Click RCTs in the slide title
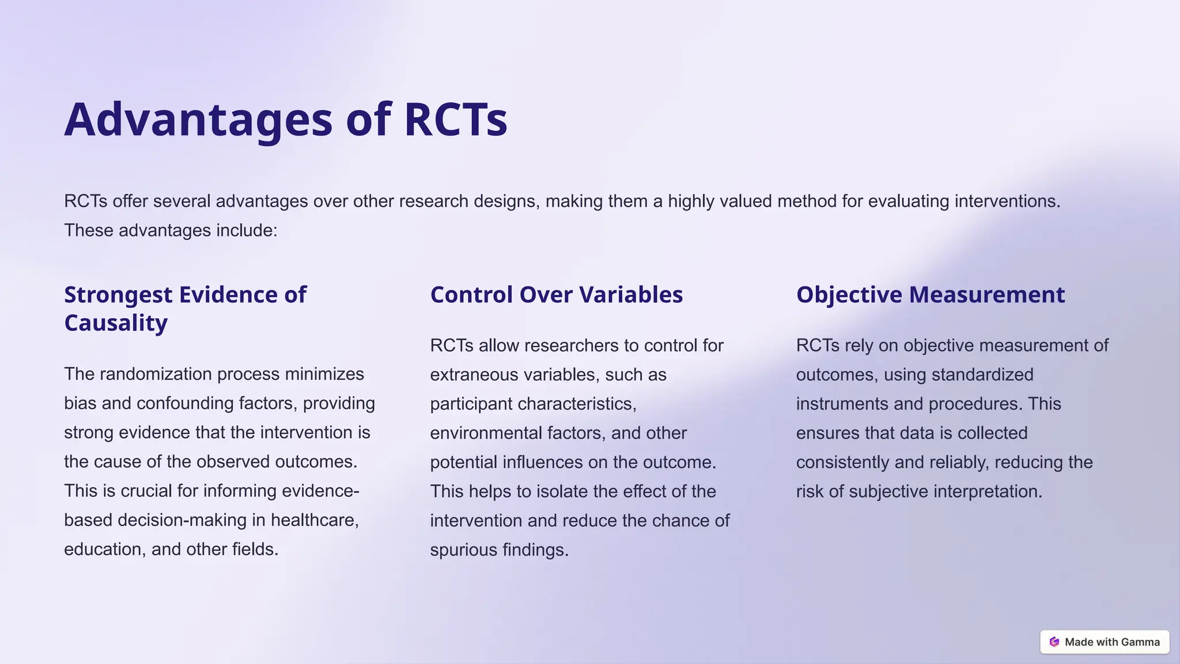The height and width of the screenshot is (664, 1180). point(455,120)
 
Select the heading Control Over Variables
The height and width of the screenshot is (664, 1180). point(556,295)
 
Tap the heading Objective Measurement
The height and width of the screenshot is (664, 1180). point(930,295)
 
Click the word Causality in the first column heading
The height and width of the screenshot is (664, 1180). point(116,323)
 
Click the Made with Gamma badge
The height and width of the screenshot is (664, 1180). point(1104,642)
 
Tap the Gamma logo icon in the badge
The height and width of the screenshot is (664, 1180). point(1054,642)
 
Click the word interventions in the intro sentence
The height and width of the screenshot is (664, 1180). point(1007,201)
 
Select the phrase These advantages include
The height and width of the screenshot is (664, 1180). point(171,231)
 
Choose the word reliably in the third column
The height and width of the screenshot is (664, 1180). point(952,462)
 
